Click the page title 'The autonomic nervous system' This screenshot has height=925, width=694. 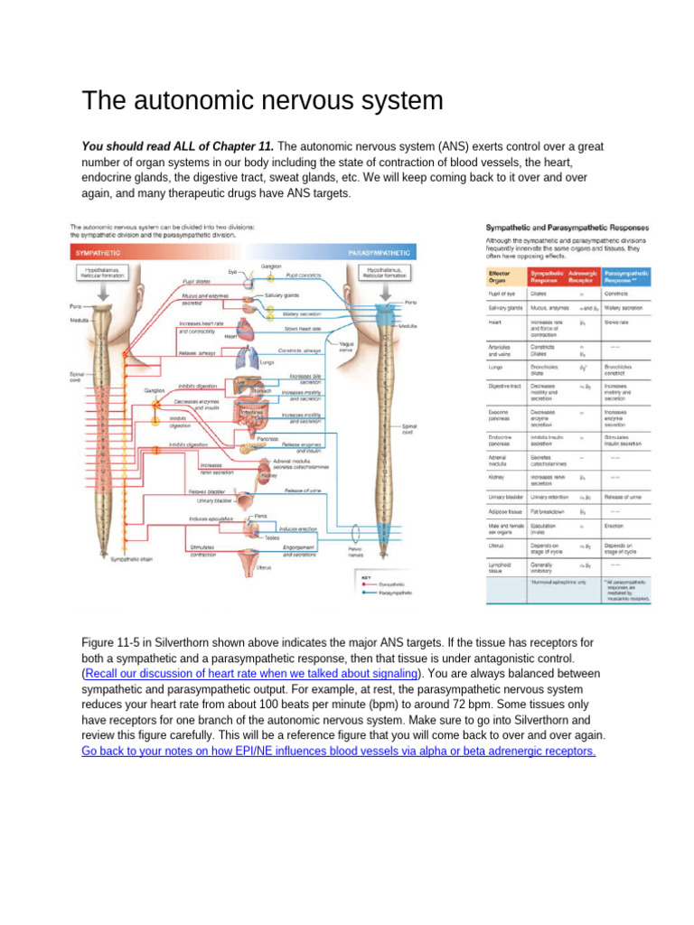pyautogui.click(x=262, y=100)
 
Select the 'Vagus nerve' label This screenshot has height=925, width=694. pyautogui.click(x=345, y=346)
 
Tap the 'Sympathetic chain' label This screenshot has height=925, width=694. pyautogui.click(x=131, y=560)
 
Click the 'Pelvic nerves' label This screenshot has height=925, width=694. pyautogui.click(x=360, y=550)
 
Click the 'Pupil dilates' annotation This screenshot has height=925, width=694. pyautogui.click(x=197, y=281)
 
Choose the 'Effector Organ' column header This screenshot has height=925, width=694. pyautogui.click(x=499, y=276)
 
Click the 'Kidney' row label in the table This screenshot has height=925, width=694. pyautogui.click(x=496, y=477)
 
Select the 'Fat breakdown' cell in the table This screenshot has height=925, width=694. pyautogui.click(x=548, y=510)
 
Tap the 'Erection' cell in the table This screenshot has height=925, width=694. pyautogui.click(x=615, y=526)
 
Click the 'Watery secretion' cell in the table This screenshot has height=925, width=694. pyautogui.click(x=624, y=309)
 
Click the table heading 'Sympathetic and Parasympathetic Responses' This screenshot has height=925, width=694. pyautogui.click(x=560, y=228)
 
